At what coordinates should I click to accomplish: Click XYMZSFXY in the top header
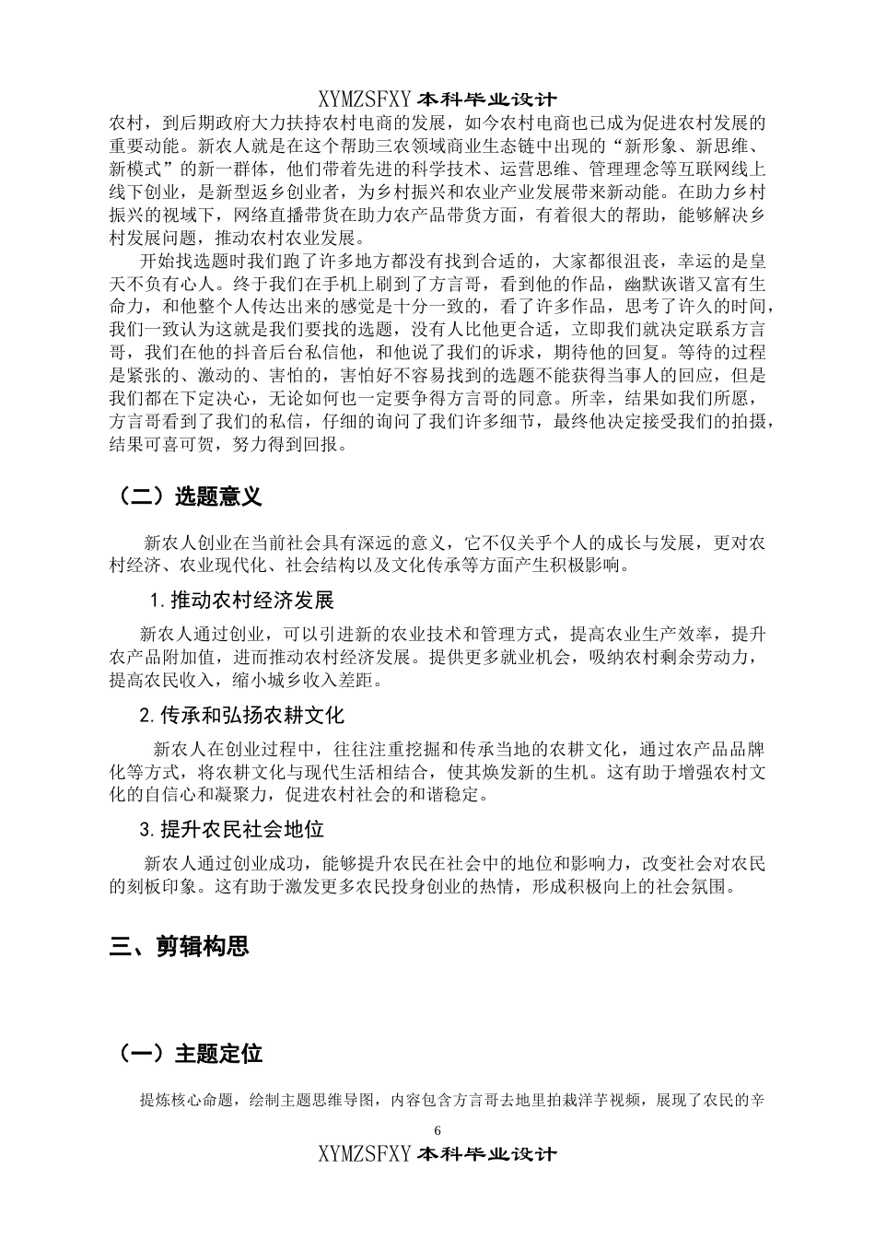tap(366, 99)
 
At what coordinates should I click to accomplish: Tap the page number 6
tap(437, 1130)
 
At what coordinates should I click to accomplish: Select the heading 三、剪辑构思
tap(179, 946)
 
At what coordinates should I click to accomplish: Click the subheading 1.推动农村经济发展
tap(241, 601)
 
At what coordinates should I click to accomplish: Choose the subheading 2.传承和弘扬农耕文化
tap(241, 715)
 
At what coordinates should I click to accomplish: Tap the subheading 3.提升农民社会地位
tap(231, 829)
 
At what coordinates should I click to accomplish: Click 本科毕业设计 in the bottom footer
tap(487, 1153)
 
